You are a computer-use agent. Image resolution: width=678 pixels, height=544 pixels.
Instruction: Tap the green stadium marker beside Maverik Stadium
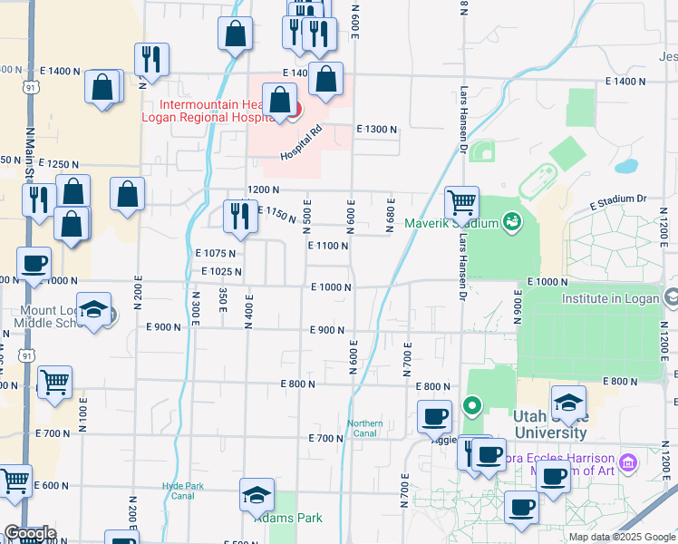pos(511,221)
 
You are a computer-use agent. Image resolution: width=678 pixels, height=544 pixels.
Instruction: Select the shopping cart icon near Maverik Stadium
pos(461,202)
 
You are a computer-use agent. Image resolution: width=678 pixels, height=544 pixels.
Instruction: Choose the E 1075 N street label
pos(215,254)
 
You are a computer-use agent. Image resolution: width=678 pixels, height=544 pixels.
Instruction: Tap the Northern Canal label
pos(365,428)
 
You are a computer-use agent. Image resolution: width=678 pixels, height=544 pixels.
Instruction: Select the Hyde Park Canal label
pos(178,491)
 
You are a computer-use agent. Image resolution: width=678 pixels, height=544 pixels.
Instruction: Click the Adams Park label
pos(290,519)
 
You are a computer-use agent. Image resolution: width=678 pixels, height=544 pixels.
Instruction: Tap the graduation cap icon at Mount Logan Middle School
pos(94,309)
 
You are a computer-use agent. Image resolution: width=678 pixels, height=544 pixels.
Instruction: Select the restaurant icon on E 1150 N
pos(239,214)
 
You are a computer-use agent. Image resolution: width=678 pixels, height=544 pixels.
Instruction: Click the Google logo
pos(29,534)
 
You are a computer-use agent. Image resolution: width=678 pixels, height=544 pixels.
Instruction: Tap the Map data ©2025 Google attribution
pos(621,537)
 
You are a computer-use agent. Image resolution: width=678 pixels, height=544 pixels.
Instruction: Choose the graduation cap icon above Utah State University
pos(568,403)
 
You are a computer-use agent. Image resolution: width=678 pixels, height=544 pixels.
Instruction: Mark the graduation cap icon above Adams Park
pos(257,495)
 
